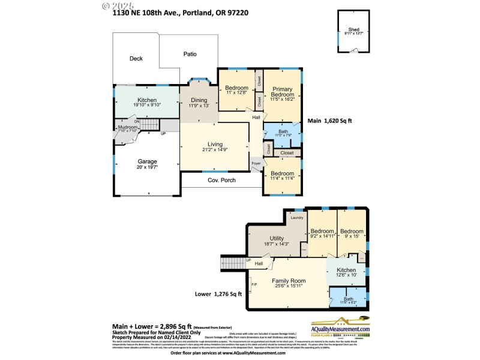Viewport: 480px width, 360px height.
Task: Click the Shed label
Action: click(x=353, y=29)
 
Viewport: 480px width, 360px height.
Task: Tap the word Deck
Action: click(x=136, y=58)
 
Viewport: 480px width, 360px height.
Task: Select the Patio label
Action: click(x=190, y=54)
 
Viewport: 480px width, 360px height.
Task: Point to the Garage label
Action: click(x=147, y=161)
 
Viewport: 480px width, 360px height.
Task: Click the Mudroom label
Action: click(x=127, y=127)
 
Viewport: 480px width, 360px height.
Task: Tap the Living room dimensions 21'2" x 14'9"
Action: click(x=214, y=151)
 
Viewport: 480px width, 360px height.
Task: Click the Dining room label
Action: click(x=198, y=100)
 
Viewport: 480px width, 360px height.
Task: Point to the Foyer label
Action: click(x=256, y=163)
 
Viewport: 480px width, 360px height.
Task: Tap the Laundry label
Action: click(x=297, y=217)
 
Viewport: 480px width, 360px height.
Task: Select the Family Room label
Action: click(x=290, y=281)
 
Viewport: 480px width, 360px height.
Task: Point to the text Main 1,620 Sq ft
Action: click(x=329, y=121)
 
